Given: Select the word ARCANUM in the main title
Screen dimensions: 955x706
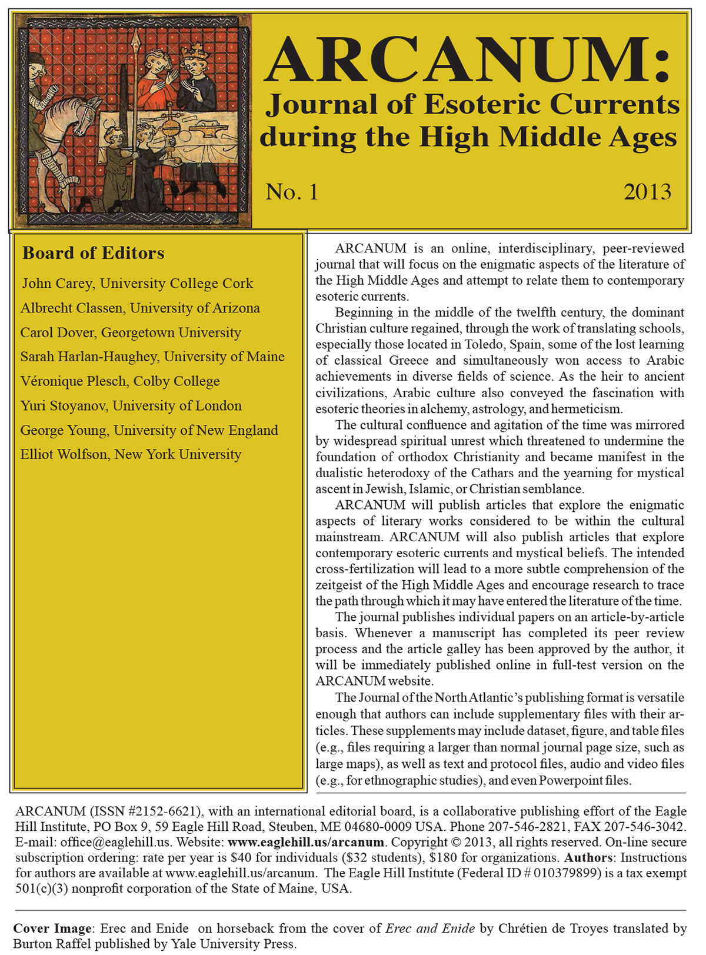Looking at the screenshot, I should [x=467, y=60].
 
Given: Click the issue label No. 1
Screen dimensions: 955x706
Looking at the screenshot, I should [x=292, y=192].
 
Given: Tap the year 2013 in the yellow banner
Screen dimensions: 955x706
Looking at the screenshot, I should [x=647, y=192].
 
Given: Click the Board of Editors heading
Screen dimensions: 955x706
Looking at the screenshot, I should [x=93, y=253].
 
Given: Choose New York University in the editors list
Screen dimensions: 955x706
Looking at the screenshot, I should [x=178, y=454].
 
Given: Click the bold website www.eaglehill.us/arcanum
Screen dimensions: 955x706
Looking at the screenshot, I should [x=306, y=842].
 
